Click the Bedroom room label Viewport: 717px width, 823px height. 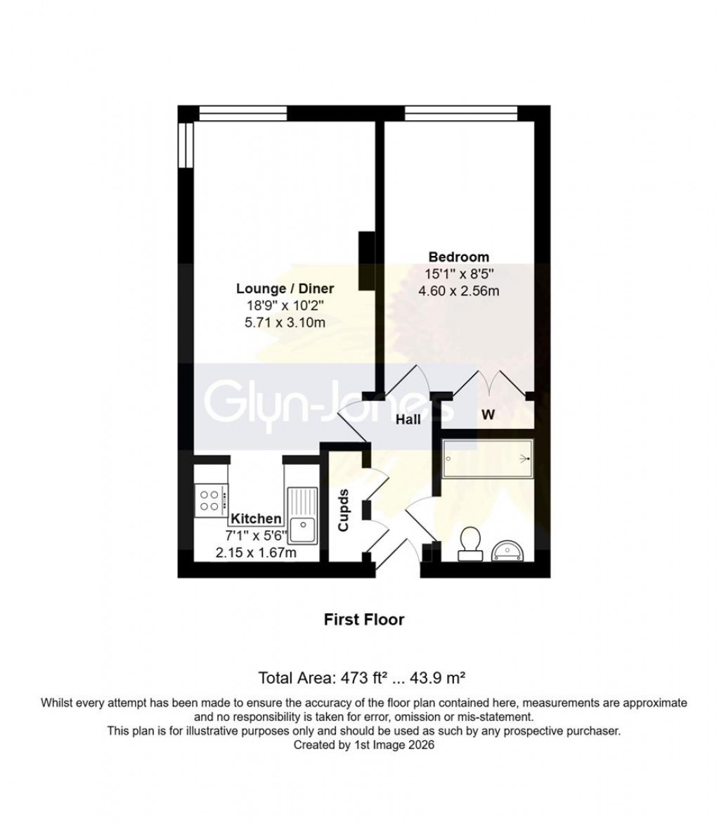pos(459,257)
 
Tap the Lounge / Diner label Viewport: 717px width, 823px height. pos(285,288)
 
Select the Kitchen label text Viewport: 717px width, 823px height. pos(257,518)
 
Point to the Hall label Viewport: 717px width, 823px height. pos(408,420)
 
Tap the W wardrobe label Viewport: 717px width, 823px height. pos(487,414)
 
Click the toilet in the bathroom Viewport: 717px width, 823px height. pos(469,544)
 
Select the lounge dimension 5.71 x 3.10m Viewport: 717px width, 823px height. pos(285,323)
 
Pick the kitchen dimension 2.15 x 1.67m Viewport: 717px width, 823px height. pos(256,553)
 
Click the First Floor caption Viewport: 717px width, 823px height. pos(363,620)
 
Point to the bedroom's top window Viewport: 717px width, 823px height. pos(461,113)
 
